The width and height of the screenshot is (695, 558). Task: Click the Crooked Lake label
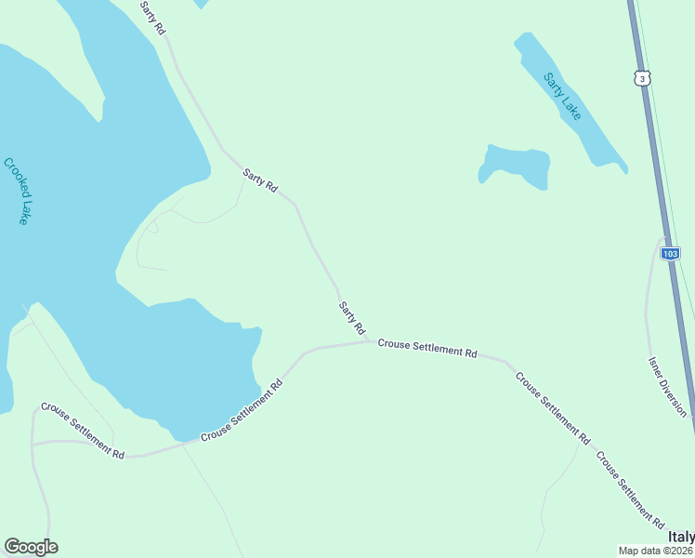pyautogui.click(x=17, y=191)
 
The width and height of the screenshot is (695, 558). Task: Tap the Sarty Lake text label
pyautogui.click(x=562, y=96)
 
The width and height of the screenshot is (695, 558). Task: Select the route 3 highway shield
pyautogui.click(x=641, y=78)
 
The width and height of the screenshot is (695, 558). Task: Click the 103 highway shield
pyautogui.click(x=671, y=253)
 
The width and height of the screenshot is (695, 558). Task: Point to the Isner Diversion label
pyautogui.click(x=668, y=385)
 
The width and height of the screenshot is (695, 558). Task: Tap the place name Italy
pyautogui.click(x=680, y=538)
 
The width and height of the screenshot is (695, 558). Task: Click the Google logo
pyautogui.click(x=31, y=547)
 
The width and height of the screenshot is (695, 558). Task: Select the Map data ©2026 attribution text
pyautogui.click(x=656, y=551)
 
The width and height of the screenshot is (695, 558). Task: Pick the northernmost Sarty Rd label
pyautogui.click(x=152, y=18)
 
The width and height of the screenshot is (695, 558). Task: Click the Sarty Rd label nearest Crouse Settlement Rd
pyautogui.click(x=352, y=318)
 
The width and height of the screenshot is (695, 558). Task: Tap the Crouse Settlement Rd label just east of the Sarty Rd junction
pyautogui.click(x=427, y=350)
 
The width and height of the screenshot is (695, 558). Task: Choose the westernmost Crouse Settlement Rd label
pyautogui.click(x=82, y=432)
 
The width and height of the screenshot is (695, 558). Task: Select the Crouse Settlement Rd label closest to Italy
pyautogui.click(x=629, y=489)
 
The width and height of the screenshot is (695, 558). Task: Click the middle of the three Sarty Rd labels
pyautogui.click(x=260, y=179)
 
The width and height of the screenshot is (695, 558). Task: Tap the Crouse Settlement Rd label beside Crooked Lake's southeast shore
pyautogui.click(x=241, y=410)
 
